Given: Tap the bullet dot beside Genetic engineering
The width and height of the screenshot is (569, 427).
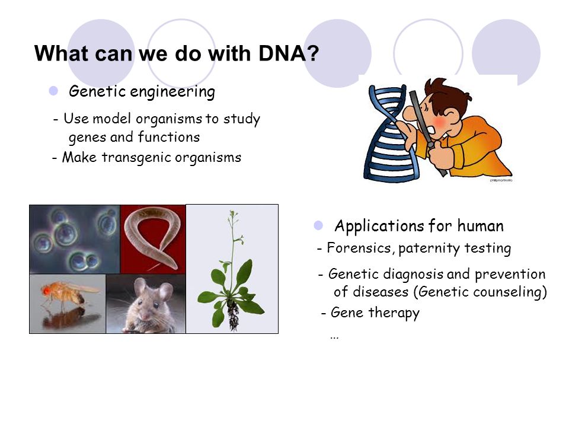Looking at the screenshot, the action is point(53,91).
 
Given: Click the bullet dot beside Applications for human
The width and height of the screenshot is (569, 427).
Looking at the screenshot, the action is point(318,225).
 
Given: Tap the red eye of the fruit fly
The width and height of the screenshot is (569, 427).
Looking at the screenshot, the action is point(46,291).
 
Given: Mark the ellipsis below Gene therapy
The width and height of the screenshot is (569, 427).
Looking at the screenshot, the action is point(334,338).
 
